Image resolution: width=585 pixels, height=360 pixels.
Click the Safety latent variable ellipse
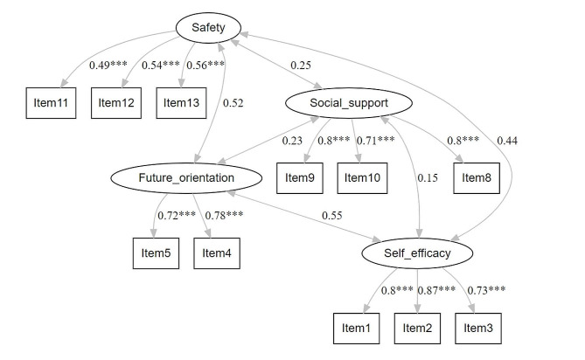[202, 28]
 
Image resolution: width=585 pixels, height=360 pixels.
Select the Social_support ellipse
[337, 104]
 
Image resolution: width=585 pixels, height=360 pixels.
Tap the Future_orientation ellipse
[185, 178]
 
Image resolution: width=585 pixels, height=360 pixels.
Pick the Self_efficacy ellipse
[417, 253]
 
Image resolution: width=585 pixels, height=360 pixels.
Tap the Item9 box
[299, 178]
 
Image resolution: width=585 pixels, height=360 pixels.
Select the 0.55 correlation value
[332, 214]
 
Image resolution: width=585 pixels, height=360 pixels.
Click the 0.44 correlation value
[507, 140]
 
